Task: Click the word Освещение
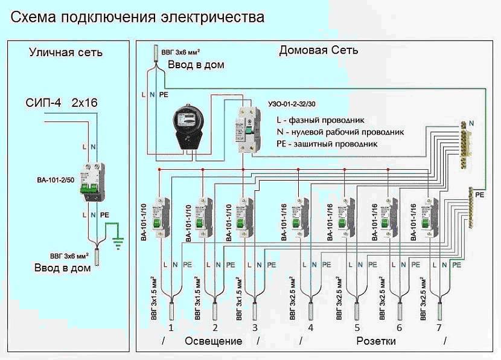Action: pyautogui.click(x=213, y=341)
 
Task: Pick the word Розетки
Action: pyautogui.click(x=376, y=341)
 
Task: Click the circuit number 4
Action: pyautogui.click(x=310, y=328)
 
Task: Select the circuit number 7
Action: pyautogui.click(x=439, y=328)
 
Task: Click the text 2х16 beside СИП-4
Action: pyautogui.click(x=88, y=103)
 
